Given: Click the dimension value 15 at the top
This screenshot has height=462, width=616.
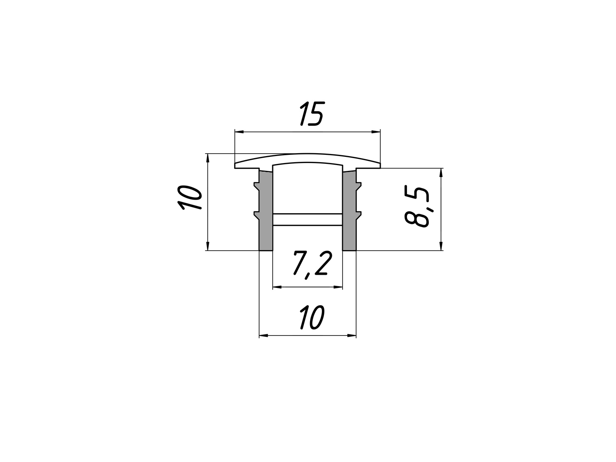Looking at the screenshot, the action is coord(312,114).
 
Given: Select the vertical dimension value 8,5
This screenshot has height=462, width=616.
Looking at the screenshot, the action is coord(417,207).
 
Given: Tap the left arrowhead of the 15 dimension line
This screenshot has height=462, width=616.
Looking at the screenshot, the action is coord(239,131).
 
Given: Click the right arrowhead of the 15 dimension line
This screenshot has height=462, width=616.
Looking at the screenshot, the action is coord(376,131).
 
